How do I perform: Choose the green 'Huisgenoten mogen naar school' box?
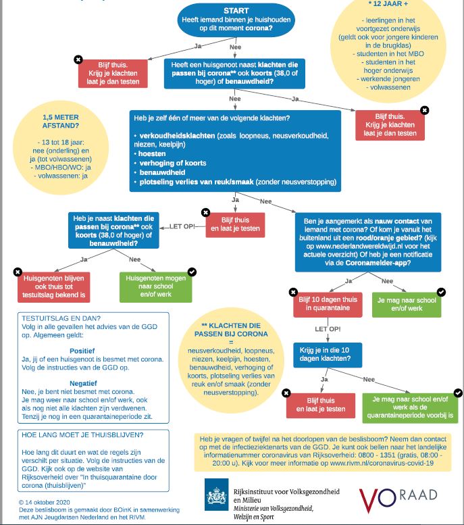pos(155,286)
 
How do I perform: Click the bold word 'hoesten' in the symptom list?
pos(153,153)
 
